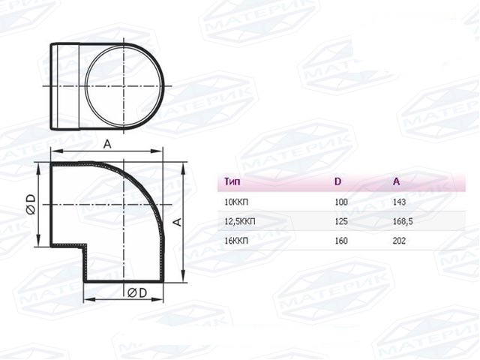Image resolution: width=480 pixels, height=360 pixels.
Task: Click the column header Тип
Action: coord(232,181)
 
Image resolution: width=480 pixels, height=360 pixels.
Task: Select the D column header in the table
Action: coord(337,181)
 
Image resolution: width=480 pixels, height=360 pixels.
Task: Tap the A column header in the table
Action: coord(396,181)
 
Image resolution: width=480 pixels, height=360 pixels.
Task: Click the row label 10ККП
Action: coord(236,202)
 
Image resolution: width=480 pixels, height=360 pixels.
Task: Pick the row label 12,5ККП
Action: coord(240,221)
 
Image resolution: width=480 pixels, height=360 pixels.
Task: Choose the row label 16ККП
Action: coord(236,241)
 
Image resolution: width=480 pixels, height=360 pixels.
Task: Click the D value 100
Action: coord(341,202)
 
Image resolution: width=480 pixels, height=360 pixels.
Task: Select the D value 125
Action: coord(341,221)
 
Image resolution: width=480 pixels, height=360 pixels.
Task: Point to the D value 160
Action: coord(341,241)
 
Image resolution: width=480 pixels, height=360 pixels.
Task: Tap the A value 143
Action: coord(399,202)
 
